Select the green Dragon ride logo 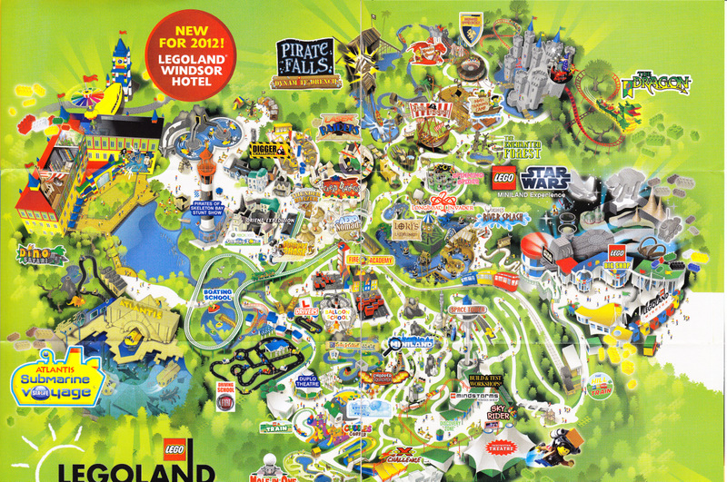click(657, 84)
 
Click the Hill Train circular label click(596, 392)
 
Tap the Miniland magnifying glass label click(407, 344)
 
